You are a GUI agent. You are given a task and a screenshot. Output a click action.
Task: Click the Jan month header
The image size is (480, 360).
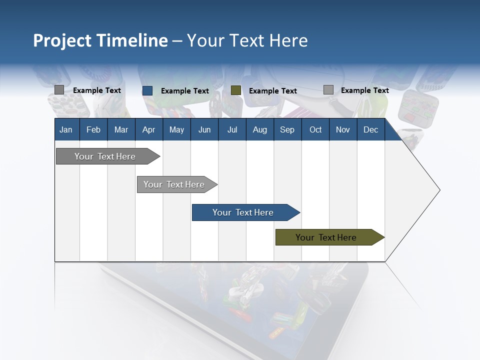[x=66, y=129]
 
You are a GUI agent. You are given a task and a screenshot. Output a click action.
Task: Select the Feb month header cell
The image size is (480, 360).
[x=93, y=129]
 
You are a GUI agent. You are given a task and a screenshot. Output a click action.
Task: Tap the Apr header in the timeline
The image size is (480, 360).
[x=148, y=129]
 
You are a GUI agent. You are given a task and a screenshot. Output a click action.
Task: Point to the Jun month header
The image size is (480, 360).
[x=204, y=129]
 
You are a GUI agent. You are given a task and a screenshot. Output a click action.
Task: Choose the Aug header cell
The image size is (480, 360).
[x=259, y=129]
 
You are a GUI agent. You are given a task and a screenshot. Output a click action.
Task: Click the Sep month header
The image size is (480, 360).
[x=287, y=129]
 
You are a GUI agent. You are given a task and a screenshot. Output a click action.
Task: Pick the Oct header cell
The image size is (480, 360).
[x=315, y=129]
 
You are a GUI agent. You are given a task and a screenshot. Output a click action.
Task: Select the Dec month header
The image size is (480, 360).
[x=370, y=129]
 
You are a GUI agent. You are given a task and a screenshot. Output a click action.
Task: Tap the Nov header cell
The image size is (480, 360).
[x=343, y=129]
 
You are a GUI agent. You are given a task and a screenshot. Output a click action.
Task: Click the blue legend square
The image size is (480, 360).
[x=147, y=90]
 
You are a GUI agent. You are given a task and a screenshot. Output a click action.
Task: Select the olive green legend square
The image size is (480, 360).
[x=236, y=90]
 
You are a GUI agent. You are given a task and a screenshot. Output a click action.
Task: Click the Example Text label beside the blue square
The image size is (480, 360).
[x=185, y=91]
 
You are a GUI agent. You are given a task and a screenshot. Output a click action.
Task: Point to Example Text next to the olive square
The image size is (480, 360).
[x=273, y=91]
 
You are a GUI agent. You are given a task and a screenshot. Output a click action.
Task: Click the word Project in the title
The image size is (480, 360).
[x=62, y=40]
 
